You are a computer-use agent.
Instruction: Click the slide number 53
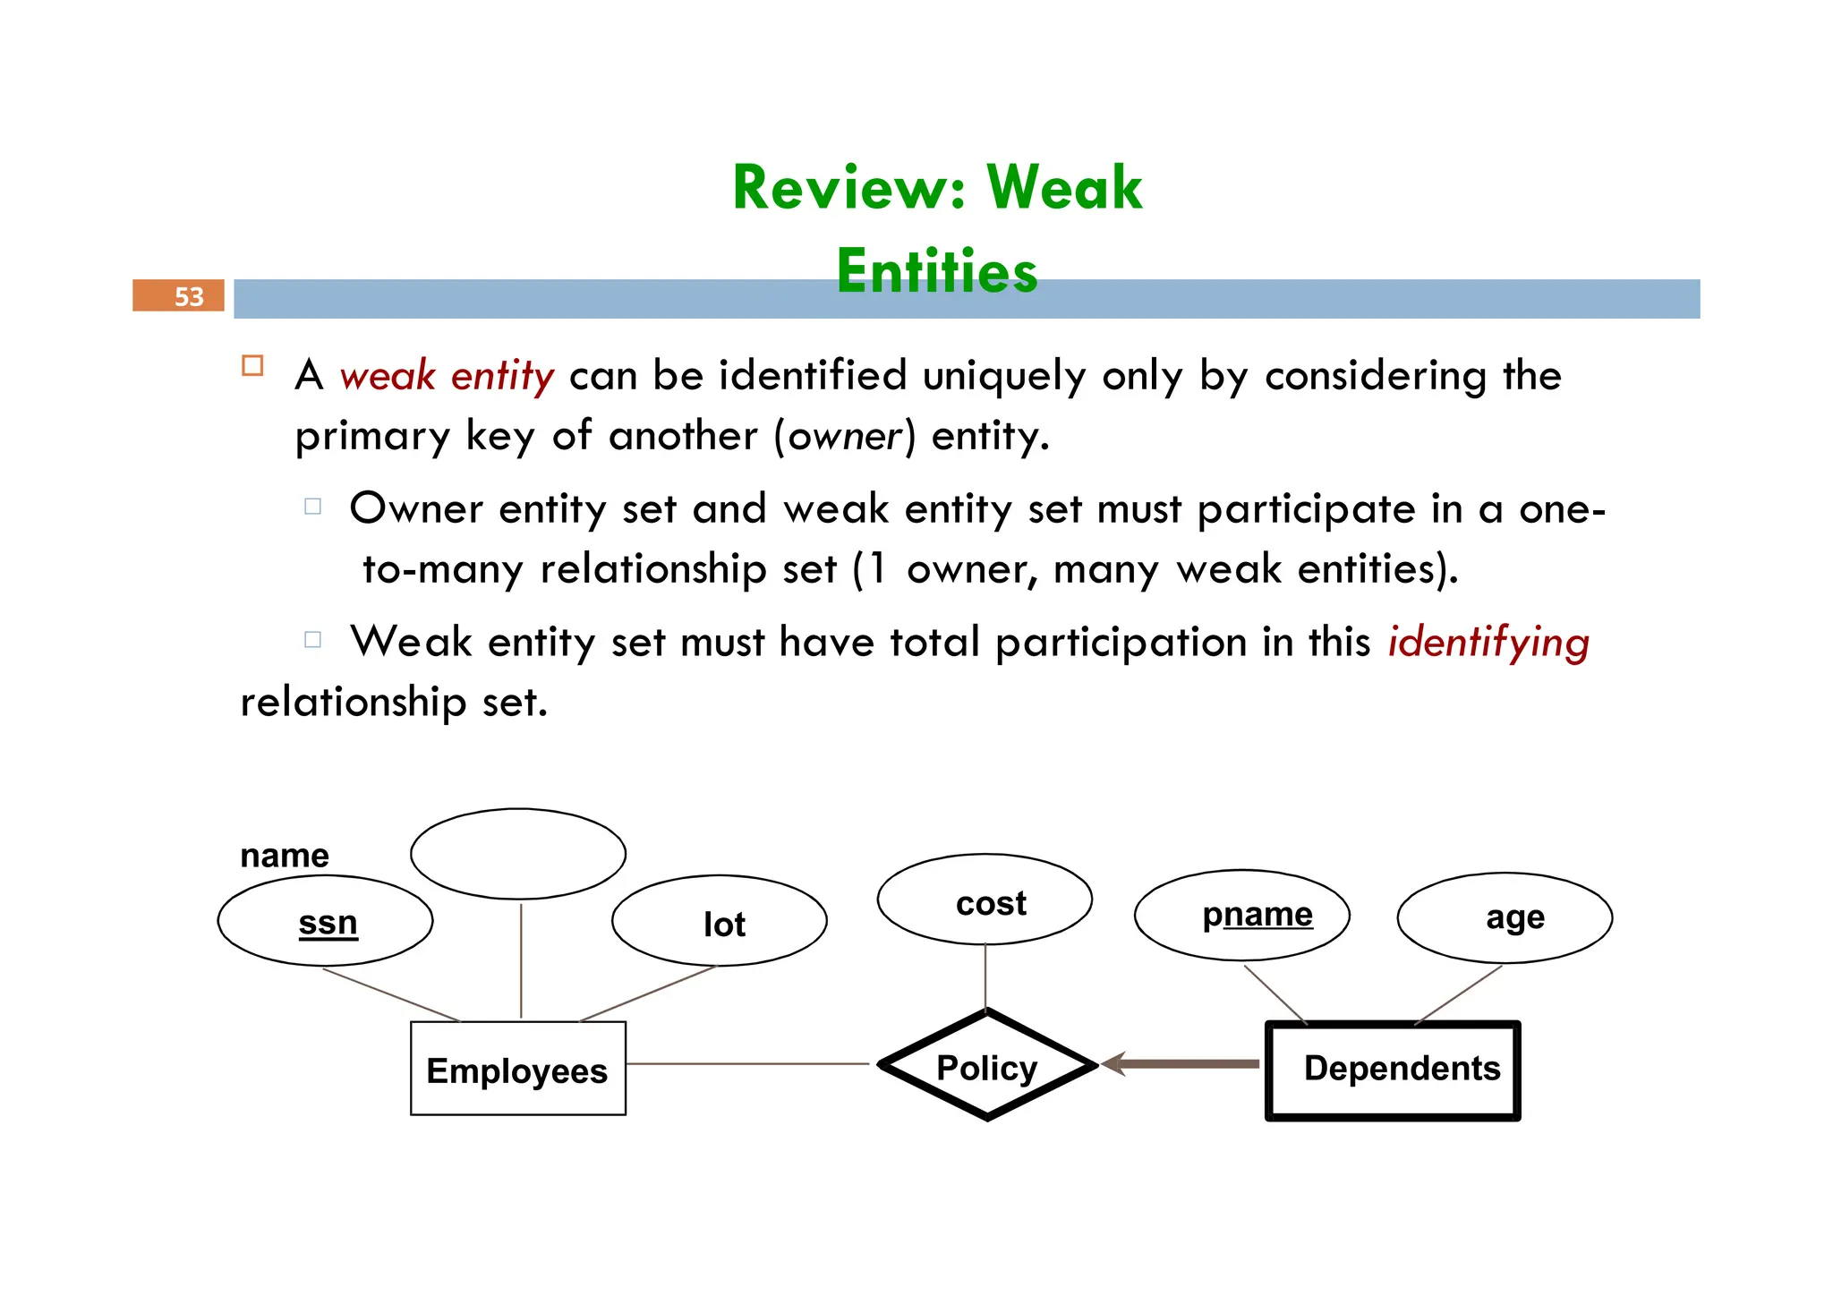(188, 296)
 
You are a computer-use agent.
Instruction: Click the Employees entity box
(517, 1069)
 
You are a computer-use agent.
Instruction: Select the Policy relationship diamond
(986, 1066)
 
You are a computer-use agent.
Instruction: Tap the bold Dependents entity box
(1393, 1070)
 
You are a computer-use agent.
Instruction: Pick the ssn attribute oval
(326, 921)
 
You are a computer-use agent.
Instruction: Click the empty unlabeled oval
(517, 853)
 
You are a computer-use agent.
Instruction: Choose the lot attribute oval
(720, 921)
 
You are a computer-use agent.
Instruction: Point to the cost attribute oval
(985, 900)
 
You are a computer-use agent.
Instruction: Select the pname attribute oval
(1241, 915)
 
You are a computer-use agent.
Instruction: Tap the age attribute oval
(1505, 918)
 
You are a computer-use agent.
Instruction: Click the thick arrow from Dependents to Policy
(1181, 1064)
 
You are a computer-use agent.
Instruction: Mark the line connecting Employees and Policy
(747, 1064)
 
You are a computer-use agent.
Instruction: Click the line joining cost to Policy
(985, 976)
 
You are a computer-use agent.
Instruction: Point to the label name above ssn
(285, 856)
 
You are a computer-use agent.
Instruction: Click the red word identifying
(1488, 643)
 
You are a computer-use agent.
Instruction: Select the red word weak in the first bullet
(388, 376)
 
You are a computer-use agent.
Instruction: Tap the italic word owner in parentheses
(845, 437)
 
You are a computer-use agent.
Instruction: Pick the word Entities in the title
(937, 270)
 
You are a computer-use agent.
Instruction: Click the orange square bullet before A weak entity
(252, 365)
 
